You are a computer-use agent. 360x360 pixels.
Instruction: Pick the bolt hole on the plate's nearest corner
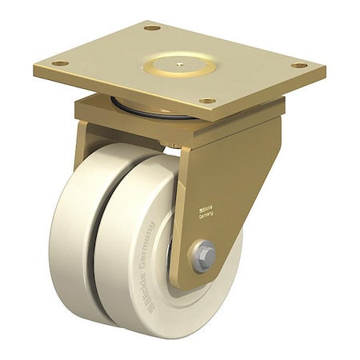(x=206, y=102)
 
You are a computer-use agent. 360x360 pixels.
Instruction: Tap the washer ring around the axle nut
(x=194, y=259)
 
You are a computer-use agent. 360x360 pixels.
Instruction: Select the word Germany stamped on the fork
(x=206, y=211)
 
